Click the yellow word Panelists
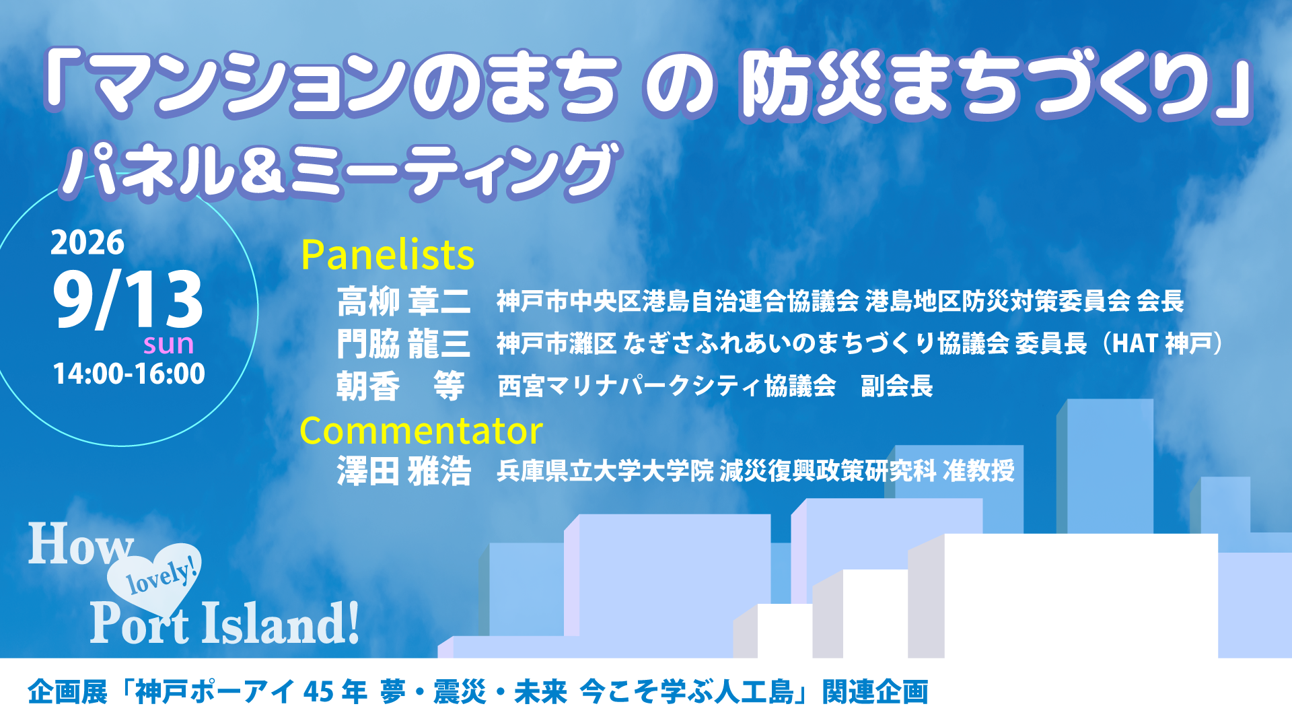[388, 254]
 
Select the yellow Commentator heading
[421, 431]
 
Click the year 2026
[87, 242]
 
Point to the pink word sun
[169, 345]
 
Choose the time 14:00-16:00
[129, 374]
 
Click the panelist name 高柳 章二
[404, 301]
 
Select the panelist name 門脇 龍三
[404, 343]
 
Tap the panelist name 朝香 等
[401, 386]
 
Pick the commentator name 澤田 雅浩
[404, 471]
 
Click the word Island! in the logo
[281, 623]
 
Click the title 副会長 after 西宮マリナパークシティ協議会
[897, 386]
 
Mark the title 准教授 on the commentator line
[978, 471]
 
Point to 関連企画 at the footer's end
[875, 692]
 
